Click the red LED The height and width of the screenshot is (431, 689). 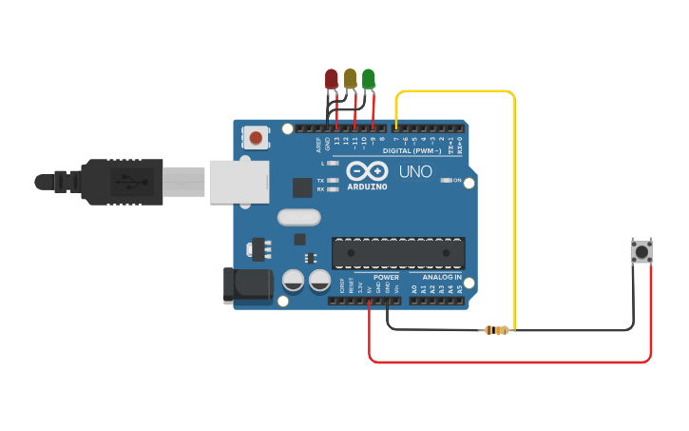331,79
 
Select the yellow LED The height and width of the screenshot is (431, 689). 350,79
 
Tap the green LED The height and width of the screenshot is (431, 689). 369,79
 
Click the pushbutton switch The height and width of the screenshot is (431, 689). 641,252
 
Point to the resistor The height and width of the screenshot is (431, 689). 496,330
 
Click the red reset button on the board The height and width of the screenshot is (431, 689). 256,139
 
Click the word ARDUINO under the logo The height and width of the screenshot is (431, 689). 367,187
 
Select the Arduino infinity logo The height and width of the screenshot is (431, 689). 367,171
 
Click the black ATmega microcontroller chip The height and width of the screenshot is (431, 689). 398,253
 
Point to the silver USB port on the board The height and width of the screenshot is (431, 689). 237,180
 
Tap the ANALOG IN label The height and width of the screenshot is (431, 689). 442,277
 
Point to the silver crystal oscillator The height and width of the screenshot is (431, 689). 299,218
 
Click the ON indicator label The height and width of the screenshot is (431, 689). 457,180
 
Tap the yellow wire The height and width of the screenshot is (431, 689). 514,190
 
